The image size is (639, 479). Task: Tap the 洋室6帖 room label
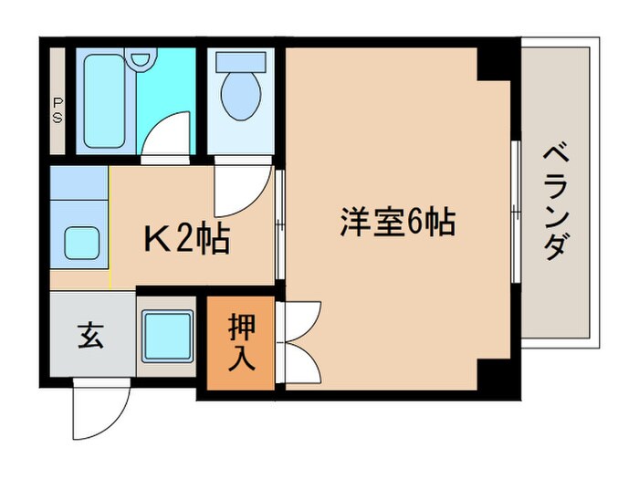click(x=398, y=223)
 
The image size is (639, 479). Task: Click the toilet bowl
click(x=240, y=94)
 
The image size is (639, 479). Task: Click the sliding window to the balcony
click(x=518, y=211)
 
